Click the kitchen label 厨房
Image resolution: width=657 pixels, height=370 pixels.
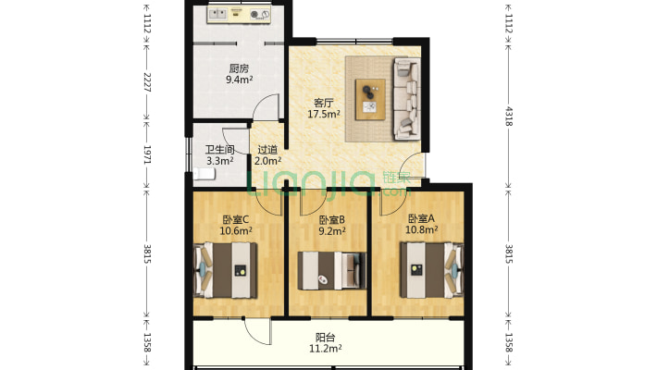click(x=239, y=68)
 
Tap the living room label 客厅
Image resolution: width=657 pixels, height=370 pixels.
click(x=324, y=103)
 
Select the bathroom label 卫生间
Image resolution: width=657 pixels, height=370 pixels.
click(x=220, y=150)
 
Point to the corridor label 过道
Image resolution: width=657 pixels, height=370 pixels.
click(x=267, y=150)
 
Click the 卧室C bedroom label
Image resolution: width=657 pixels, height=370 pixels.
click(x=236, y=219)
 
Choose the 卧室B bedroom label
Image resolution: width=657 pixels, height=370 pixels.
click(x=332, y=219)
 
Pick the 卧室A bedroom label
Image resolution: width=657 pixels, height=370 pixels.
click(x=422, y=218)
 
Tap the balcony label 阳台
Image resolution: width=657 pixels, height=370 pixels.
click(x=325, y=338)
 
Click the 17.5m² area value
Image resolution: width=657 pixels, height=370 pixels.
click(x=324, y=114)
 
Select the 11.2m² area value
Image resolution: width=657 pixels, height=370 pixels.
click(x=325, y=348)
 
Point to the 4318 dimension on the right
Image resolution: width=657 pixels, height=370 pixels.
click(x=509, y=116)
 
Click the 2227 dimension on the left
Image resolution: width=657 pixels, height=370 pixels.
click(x=147, y=82)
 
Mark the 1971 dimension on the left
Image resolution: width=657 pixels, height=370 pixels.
click(x=147, y=154)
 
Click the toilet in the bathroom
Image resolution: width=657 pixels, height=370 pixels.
click(x=205, y=174)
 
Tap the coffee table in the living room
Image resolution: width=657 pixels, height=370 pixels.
click(x=370, y=99)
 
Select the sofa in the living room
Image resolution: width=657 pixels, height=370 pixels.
click(x=406, y=99)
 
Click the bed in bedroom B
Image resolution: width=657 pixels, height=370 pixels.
click(x=332, y=271)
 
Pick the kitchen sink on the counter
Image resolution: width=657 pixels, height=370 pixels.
click(x=217, y=15)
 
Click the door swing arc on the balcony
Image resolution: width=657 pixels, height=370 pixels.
click(x=258, y=333)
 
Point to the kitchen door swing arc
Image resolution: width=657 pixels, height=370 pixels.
click(x=265, y=104)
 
